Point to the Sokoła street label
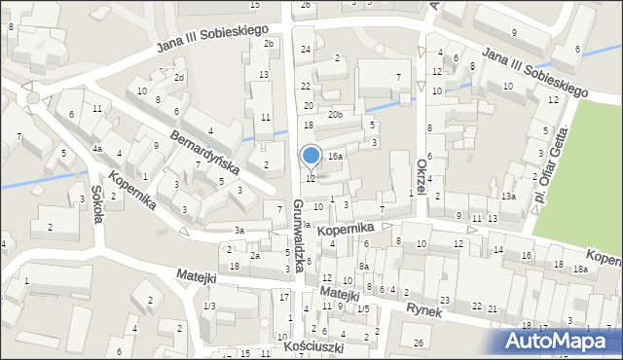[98, 203]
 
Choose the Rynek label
[425, 311]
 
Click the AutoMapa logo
[559, 341]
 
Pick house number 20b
[335, 115]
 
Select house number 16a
[335, 156]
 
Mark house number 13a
[508, 196]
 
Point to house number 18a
[580, 269]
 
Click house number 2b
[269, 44]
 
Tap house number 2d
[179, 77]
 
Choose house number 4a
[97, 149]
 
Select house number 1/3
[209, 306]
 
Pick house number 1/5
[363, 308]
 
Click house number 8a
[363, 266]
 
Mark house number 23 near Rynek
[444, 300]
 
